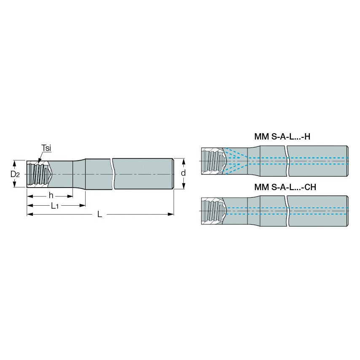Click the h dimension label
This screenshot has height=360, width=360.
[x=50, y=196]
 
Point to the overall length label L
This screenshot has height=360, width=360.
[x=99, y=214]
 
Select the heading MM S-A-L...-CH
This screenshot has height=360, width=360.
[x=285, y=187]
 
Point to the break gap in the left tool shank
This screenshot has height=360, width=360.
[x=113, y=174]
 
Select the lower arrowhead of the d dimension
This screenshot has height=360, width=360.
[x=183, y=188]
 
